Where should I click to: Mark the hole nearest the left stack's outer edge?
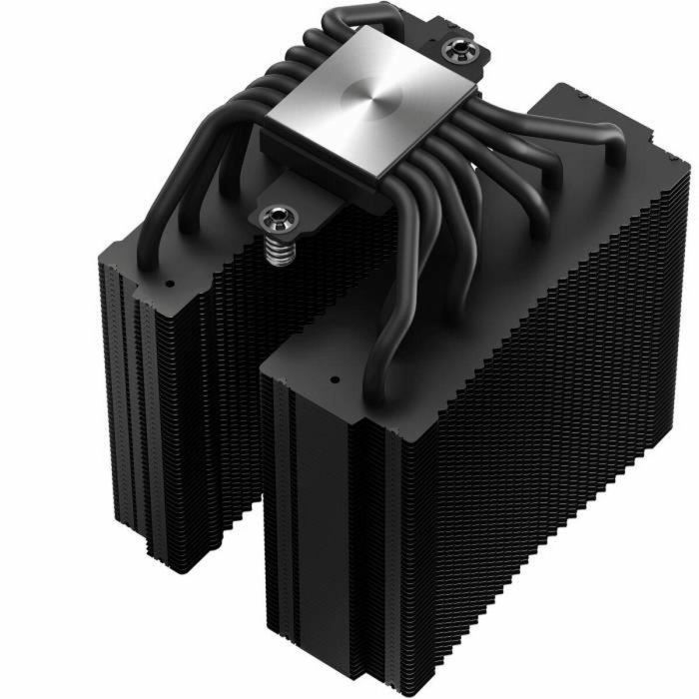click(x=169, y=284)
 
